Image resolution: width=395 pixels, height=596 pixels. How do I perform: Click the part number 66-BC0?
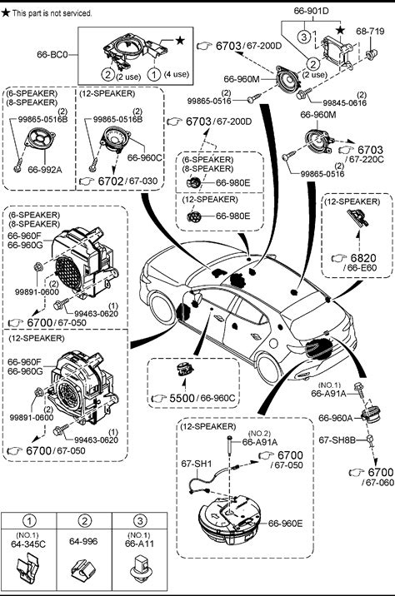(x=52, y=54)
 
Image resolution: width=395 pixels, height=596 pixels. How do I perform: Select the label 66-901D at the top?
(x=311, y=11)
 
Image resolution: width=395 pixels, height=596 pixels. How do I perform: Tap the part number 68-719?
(x=370, y=31)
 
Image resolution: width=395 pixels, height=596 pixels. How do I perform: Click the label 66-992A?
(x=44, y=170)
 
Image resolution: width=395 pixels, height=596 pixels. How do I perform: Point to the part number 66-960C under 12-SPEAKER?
(x=145, y=157)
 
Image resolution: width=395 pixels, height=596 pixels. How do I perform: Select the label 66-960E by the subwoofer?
(x=285, y=524)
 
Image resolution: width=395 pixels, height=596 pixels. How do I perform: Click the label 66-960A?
(x=335, y=418)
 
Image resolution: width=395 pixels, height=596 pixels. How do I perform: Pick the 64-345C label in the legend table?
(x=28, y=544)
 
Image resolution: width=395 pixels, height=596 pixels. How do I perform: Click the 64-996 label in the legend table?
(x=83, y=541)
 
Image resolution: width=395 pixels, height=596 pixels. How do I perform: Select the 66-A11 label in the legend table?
(x=139, y=544)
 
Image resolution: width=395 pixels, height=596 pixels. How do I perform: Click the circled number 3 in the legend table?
(x=140, y=521)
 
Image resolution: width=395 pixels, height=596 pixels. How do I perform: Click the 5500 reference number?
(x=182, y=398)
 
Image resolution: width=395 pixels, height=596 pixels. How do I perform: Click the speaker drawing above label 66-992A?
(x=40, y=139)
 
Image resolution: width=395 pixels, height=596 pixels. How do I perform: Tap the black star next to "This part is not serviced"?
(x=5, y=13)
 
